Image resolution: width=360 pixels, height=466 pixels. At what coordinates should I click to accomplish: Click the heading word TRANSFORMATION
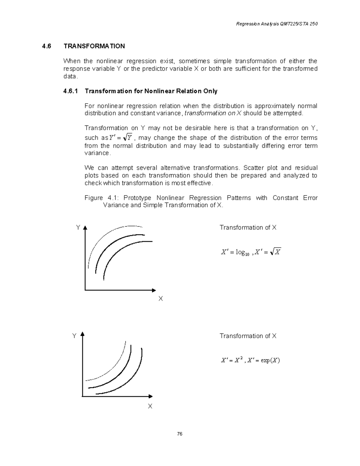94,46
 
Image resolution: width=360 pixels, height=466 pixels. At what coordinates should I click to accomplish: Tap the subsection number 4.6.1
70,91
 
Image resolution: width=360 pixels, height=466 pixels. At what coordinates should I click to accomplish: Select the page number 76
180,434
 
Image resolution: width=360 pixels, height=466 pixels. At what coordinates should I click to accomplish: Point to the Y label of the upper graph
78,227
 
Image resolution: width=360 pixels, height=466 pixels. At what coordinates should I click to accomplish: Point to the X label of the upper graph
161,299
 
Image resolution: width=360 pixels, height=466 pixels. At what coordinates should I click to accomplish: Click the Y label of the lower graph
74,336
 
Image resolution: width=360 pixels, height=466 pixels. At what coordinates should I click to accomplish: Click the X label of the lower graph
150,406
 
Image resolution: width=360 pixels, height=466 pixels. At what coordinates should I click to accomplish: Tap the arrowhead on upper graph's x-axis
154,290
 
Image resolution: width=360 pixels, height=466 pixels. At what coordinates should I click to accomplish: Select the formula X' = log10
235,253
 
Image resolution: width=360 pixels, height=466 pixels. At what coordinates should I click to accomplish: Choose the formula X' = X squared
231,360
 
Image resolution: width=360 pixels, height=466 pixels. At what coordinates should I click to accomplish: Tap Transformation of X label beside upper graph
248,227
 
